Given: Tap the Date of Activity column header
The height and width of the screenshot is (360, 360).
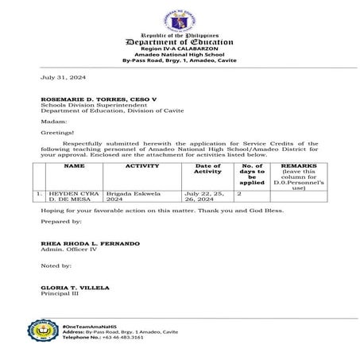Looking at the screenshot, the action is [207, 169].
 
